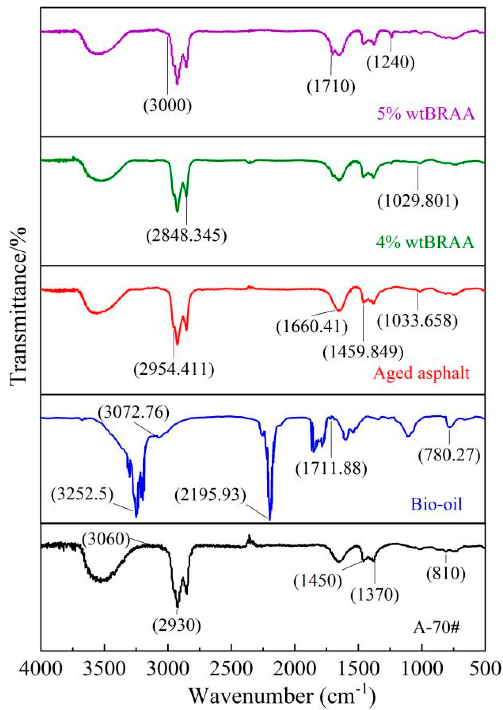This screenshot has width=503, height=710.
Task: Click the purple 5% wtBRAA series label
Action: tap(425, 114)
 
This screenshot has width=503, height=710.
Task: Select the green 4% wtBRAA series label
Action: tap(425, 243)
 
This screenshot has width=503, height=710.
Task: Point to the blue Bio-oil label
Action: tap(436, 504)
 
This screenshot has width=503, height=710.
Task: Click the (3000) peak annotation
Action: tap(168, 105)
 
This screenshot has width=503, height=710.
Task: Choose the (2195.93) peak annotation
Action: tap(210, 495)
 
